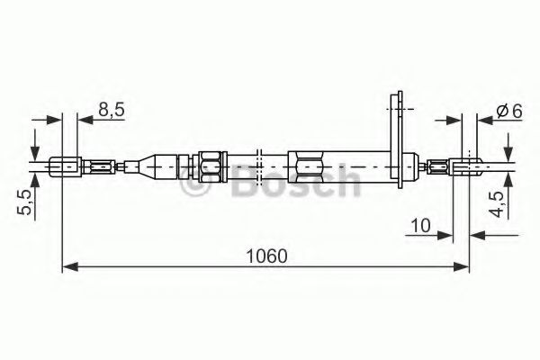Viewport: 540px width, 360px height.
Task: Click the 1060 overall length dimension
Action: coord(268,255)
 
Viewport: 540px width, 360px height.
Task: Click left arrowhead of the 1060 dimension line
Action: coord(70,267)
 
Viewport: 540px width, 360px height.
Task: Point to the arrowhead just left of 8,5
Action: coord(54,118)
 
